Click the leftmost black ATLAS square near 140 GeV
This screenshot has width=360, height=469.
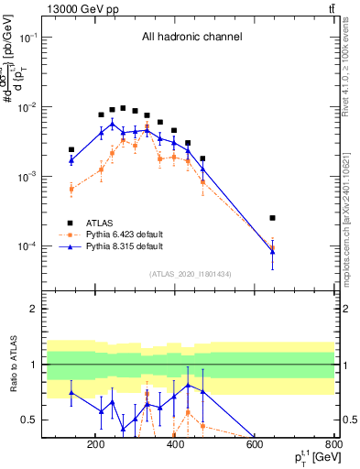tap(71, 149)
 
